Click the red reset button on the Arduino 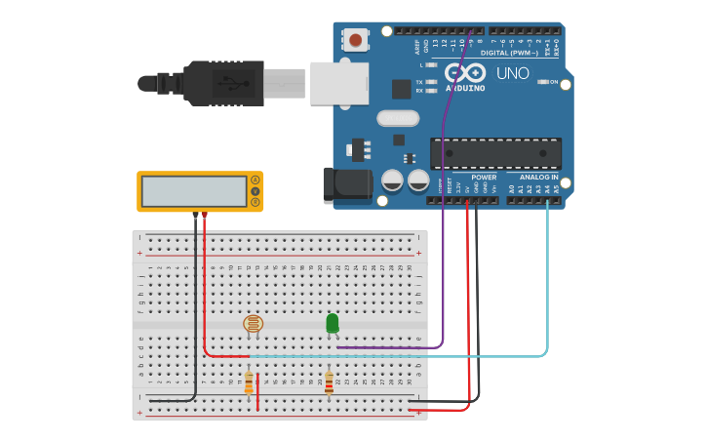pyautogui.click(x=356, y=41)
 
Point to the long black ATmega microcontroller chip pyautogui.click(x=495, y=153)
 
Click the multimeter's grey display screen pyautogui.click(x=192, y=191)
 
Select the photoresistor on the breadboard pyautogui.click(x=253, y=324)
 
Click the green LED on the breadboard pyautogui.click(x=333, y=323)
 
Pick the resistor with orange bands pyautogui.click(x=249, y=382)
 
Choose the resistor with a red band pyautogui.click(x=329, y=382)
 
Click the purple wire pyautogui.click(x=444, y=244)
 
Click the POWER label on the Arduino pyautogui.click(x=484, y=178)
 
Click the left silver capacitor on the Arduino pyautogui.click(x=393, y=181)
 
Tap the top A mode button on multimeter pyautogui.click(x=255, y=180)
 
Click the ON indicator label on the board pyautogui.click(x=553, y=82)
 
